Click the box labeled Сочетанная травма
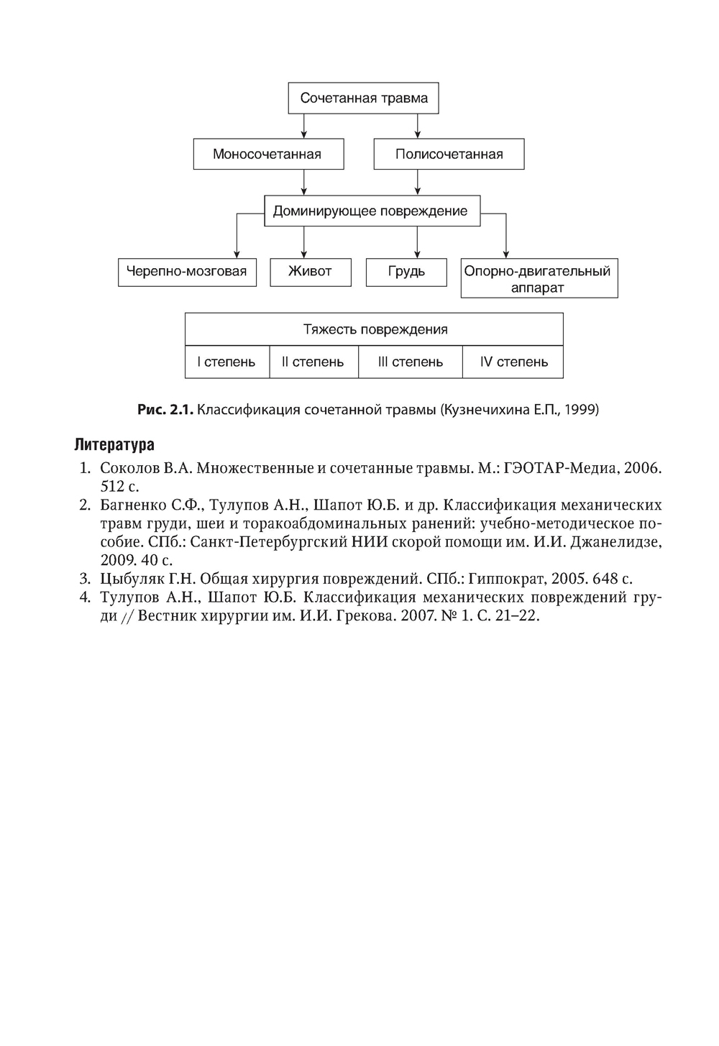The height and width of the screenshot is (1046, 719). click(x=363, y=98)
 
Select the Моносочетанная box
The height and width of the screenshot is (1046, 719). click(x=268, y=155)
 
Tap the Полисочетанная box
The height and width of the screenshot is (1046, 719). click(x=449, y=155)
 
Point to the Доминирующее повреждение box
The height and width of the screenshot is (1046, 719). click(x=372, y=211)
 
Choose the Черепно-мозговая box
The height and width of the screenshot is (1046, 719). click(x=187, y=272)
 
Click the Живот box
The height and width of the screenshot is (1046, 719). click(x=310, y=272)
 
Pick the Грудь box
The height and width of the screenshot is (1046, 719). click(x=406, y=272)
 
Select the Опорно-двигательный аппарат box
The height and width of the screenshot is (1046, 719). click(x=539, y=279)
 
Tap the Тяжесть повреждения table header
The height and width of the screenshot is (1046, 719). click(x=375, y=330)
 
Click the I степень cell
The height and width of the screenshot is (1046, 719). click(x=227, y=362)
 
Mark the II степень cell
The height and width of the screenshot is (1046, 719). click(x=313, y=362)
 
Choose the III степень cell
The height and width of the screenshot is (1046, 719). click(x=410, y=362)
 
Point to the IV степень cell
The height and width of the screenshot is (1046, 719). click(x=513, y=362)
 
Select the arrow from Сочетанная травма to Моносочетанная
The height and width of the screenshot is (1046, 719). click(x=304, y=127)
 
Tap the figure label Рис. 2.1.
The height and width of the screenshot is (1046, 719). click(x=165, y=410)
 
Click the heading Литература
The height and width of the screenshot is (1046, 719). click(x=114, y=445)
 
